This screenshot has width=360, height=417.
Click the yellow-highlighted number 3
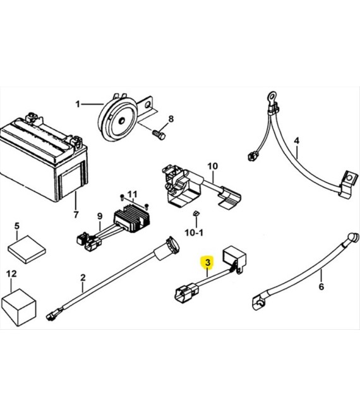click(x=208, y=262)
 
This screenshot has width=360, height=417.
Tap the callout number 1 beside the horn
click(x=78, y=104)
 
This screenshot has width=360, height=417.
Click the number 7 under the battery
click(x=76, y=214)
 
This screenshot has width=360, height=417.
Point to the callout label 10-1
click(x=194, y=233)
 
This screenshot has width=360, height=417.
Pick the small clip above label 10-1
click(x=196, y=213)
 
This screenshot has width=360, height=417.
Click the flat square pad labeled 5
click(x=27, y=249)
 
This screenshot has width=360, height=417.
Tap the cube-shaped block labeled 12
click(x=18, y=307)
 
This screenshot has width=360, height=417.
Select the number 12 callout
click(x=11, y=274)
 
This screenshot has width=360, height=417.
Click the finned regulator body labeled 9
click(x=132, y=219)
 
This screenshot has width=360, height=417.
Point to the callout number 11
click(x=132, y=194)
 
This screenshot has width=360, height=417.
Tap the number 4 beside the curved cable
click(x=296, y=141)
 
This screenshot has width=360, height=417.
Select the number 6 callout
click(x=321, y=287)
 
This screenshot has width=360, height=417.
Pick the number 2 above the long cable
click(x=83, y=277)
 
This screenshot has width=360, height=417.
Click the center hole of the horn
click(x=121, y=121)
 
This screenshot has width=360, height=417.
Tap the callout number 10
click(x=212, y=166)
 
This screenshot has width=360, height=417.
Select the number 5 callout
click(x=17, y=226)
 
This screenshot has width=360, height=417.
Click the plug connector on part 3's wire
click(x=186, y=293)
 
